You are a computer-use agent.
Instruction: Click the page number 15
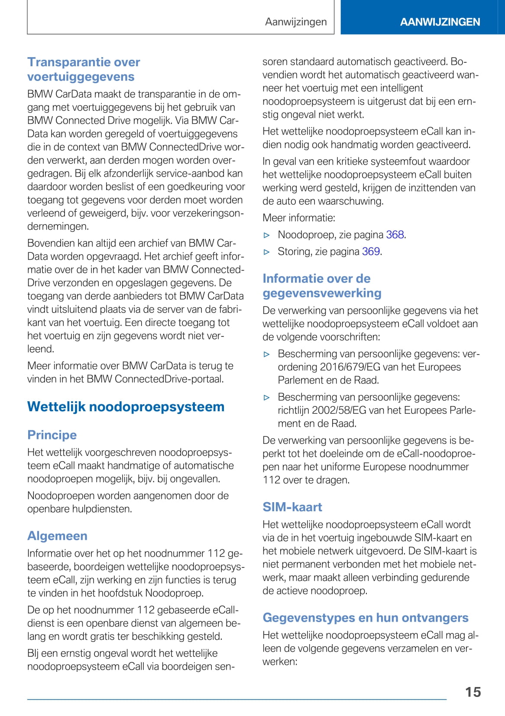(x=473, y=692)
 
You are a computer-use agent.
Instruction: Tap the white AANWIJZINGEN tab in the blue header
(x=440, y=22)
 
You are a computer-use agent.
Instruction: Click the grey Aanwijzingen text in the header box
(x=296, y=22)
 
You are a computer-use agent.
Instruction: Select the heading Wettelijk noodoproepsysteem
(x=126, y=406)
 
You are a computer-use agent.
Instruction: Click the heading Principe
(x=52, y=435)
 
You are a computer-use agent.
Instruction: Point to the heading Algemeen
(x=57, y=535)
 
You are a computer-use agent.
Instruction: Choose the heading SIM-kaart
(x=292, y=507)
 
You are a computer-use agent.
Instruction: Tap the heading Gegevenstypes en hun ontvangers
(x=365, y=617)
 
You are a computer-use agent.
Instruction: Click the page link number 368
(x=395, y=235)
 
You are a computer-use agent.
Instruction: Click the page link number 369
(x=371, y=252)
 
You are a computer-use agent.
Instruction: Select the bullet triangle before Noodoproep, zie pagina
(x=267, y=235)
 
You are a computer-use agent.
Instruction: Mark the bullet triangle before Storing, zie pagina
(x=267, y=252)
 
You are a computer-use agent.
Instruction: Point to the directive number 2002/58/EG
(x=343, y=410)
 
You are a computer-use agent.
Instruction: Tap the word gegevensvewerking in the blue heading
(x=322, y=293)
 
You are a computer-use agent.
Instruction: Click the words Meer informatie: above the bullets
(x=299, y=218)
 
